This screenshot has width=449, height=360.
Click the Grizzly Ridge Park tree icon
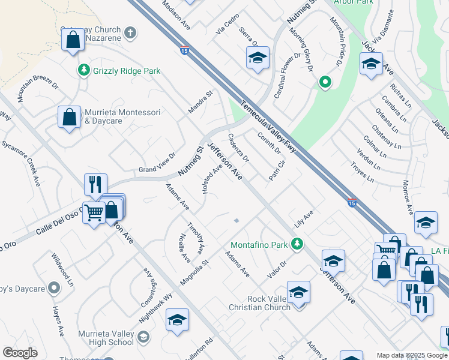click(x=84, y=71)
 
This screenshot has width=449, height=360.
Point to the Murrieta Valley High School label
click(x=106, y=338)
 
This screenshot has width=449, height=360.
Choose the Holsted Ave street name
click(x=212, y=180)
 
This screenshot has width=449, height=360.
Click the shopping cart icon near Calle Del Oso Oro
click(x=94, y=212)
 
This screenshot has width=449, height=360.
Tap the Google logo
click(x=20, y=353)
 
